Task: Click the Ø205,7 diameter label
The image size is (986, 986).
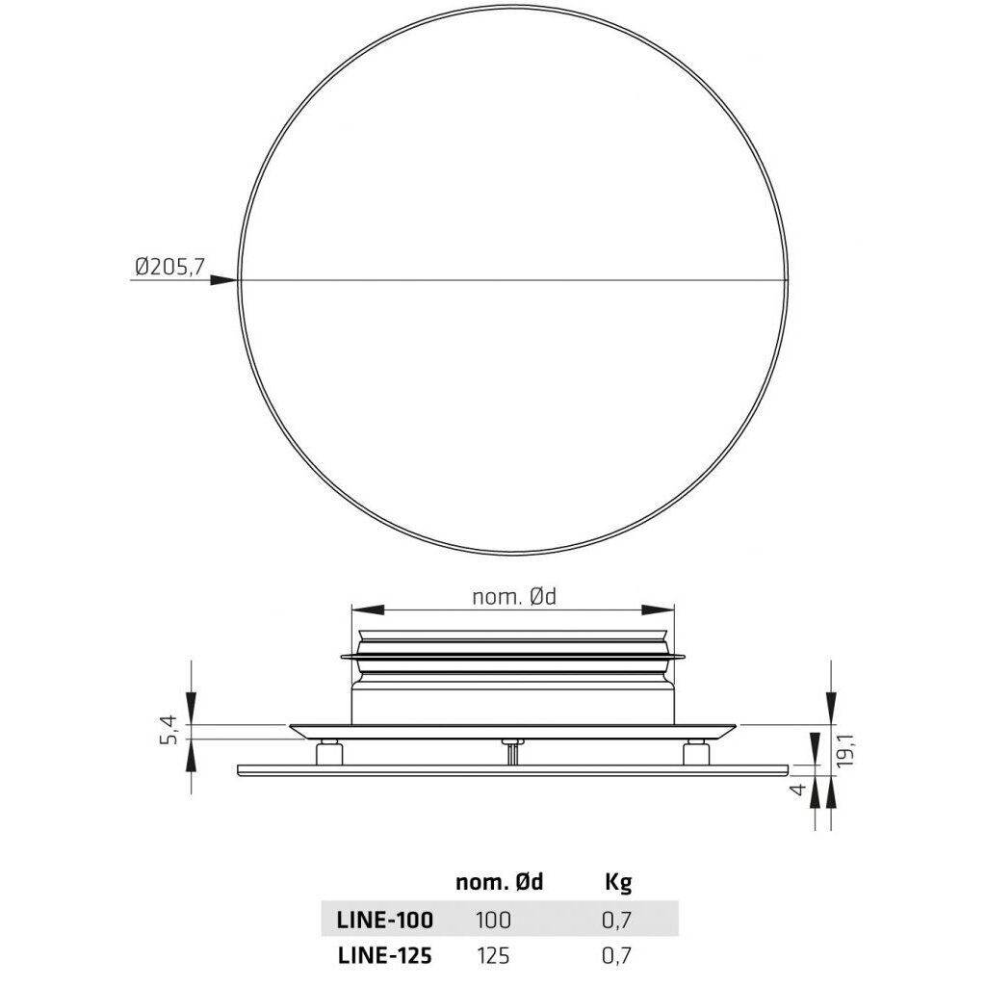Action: click(169, 268)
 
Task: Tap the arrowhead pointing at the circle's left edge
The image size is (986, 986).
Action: click(223, 280)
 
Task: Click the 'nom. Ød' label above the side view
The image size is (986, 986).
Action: click(514, 597)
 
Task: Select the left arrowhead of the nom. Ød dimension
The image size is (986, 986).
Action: click(368, 610)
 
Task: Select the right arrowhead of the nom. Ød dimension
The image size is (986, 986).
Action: click(658, 610)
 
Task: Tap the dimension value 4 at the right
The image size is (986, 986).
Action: click(797, 788)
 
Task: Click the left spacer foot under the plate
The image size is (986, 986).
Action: click(329, 752)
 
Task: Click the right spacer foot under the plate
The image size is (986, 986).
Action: click(696, 752)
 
